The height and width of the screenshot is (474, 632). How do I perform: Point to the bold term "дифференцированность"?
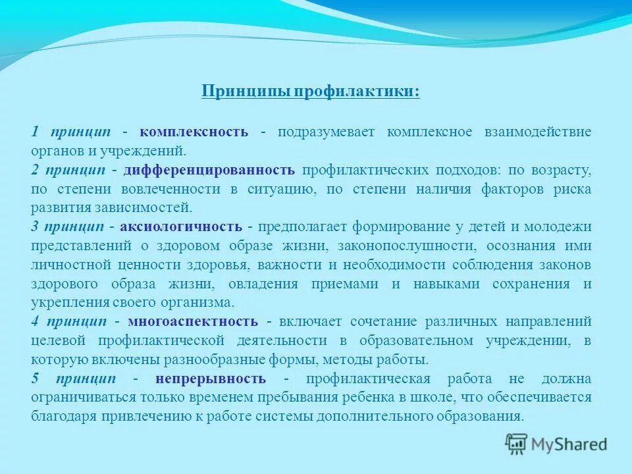209,170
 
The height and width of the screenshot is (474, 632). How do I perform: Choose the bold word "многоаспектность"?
193,322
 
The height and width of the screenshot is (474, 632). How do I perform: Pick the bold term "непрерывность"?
211,379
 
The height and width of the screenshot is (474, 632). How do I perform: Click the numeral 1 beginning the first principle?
34,132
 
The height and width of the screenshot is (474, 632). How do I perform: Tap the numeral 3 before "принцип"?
35,227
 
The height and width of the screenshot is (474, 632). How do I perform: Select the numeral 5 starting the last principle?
35,379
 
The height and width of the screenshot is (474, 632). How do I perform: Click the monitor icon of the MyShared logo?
517,444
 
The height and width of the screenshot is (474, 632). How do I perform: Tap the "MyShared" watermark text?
569,444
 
